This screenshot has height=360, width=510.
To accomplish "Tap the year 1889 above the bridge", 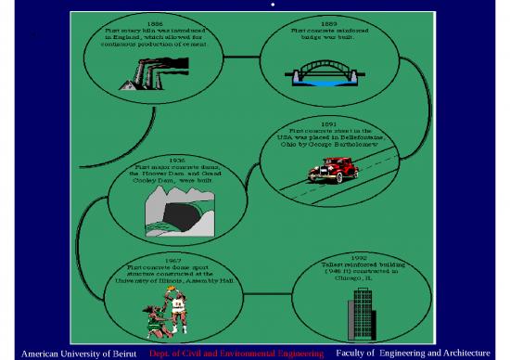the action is pyautogui.click(x=328, y=21).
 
